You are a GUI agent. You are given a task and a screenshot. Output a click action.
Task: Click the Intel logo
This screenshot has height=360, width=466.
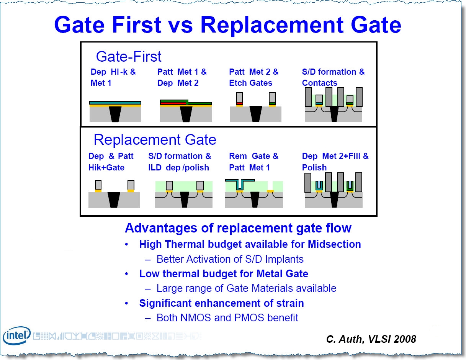[x=17, y=335]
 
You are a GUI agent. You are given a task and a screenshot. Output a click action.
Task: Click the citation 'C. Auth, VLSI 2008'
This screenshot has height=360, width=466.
[x=371, y=339]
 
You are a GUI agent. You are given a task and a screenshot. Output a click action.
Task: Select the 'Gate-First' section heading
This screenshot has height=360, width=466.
[x=128, y=57]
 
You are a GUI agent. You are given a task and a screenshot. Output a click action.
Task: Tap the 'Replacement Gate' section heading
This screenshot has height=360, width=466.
[x=155, y=140]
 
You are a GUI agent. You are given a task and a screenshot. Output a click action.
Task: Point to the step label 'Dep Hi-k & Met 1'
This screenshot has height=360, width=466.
[x=113, y=77]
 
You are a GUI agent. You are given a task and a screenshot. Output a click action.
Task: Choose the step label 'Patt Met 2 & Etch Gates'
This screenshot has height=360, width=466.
[x=254, y=77]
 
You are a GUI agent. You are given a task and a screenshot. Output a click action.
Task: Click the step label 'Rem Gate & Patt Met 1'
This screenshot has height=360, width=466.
[x=253, y=162]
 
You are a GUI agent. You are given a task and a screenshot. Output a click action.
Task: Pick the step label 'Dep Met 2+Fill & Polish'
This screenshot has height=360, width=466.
[x=335, y=162]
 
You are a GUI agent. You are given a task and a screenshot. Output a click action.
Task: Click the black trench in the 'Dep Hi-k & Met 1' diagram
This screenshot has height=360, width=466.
[x=115, y=114]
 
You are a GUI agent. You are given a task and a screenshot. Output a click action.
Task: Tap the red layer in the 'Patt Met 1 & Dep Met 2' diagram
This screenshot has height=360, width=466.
[x=173, y=103]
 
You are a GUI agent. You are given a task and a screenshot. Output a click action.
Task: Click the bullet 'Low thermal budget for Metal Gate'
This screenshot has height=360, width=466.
[x=224, y=273]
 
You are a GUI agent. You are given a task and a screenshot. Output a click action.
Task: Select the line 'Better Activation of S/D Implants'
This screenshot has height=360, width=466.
[x=230, y=259]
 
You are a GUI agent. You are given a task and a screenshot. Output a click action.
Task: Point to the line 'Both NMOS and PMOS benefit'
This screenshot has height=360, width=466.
[x=227, y=317]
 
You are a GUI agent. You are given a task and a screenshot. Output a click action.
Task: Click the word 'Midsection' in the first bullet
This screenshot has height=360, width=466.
[x=334, y=244]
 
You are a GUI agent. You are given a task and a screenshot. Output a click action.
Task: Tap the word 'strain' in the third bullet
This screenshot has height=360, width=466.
[x=290, y=303]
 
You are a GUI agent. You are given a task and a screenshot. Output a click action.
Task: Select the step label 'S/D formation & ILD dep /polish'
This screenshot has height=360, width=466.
[x=180, y=162]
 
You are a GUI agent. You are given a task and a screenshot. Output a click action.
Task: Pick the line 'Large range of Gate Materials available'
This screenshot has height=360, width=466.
[x=247, y=288]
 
